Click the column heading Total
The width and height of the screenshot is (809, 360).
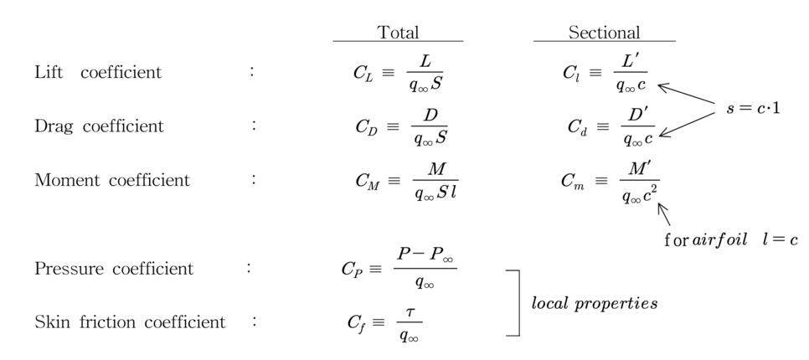pyautogui.click(x=398, y=33)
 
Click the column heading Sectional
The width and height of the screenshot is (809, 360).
pyautogui.click(x=604, y=33)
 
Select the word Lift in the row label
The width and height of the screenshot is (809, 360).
pyautogui.click(x=49, y=72)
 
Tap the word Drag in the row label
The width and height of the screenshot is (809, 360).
pyautogui.click(x=52, y=126)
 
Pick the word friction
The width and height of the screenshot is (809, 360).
pyautogui.click(x=108, y=322)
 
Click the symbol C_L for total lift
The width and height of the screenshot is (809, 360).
pyautogui.click(x=364, y=73)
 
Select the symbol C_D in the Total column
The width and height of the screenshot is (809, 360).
pyautogui.click(x=366, y=127)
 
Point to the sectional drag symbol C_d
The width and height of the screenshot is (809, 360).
pyautogui.click(x=577, y=127)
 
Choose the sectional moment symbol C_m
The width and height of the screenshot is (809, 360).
pyautogui.click(x=573, y=181)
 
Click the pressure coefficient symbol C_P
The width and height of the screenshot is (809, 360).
pyautogui.click(x=352, y=270)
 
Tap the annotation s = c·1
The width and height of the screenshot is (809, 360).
pyautogui.click(x=753, y=108)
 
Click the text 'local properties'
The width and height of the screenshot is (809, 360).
pyautogui.click(x=595, y=303)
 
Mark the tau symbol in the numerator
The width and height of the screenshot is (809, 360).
pyautogui.click(x=410, y=311)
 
